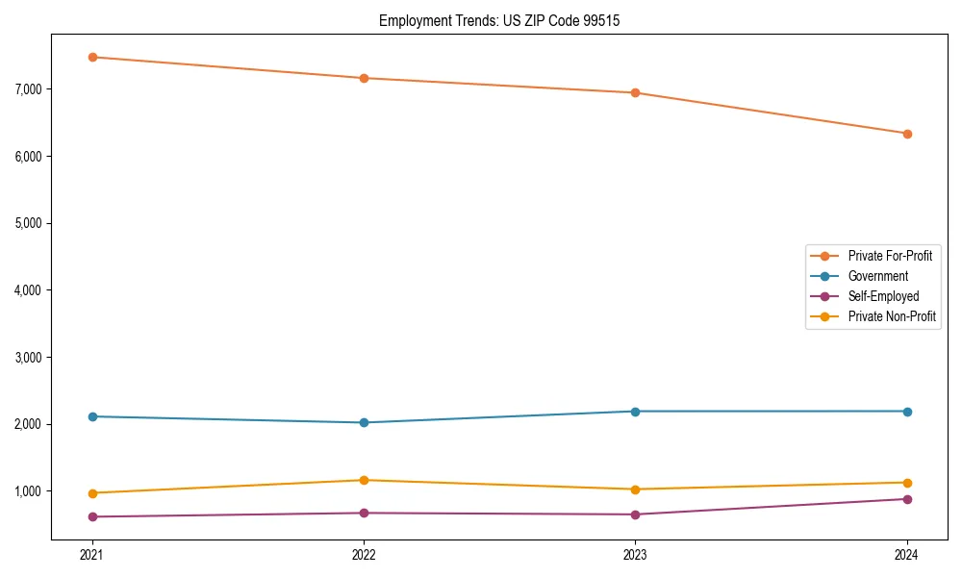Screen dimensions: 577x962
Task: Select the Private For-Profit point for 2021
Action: point(92,57)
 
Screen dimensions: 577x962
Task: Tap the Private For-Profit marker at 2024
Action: point(907,134)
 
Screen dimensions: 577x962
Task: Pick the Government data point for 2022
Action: point(364,422)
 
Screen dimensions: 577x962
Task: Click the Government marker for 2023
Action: point(635,412)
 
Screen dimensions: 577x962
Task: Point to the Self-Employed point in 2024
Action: point(907,499)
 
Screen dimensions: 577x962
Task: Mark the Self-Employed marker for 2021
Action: point(92,516)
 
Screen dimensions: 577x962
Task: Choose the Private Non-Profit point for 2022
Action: point(364,480)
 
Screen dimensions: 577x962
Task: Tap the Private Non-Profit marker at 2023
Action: point(635,489)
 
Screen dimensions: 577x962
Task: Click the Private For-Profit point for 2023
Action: point(635,93)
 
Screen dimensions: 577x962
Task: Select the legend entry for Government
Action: point(877,276)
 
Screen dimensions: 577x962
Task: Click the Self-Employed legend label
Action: point(883,296)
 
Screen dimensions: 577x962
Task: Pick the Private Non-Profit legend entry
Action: point(892,316)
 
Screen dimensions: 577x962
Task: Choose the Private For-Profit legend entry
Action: point(890,256)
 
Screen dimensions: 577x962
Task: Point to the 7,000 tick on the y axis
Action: point(30,89)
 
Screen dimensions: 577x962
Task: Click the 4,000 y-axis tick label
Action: point(30,290)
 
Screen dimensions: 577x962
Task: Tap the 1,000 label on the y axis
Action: point(30,491)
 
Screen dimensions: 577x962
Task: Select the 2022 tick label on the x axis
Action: point(364,554)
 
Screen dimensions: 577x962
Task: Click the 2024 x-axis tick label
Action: point(907,554)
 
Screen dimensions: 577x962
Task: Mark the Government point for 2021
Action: point(92,416)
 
